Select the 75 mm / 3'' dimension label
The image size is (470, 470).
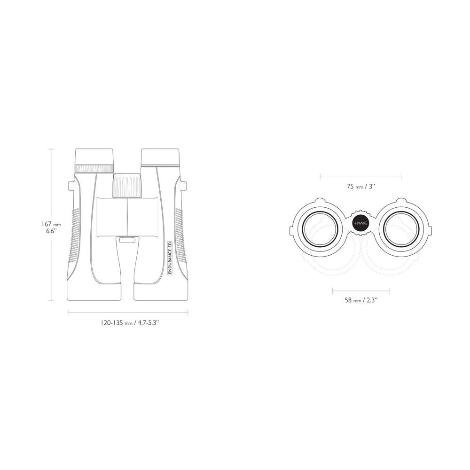click(x=361, y=187)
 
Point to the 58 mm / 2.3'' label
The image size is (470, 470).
click(x=361, y=300)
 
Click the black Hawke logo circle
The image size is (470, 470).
click(x=361, y=223)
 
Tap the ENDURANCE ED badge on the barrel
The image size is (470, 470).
click(x=170, y=258)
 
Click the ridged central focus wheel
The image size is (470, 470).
click(x=127, y=186)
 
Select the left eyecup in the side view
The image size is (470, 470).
click(x=94, y=157)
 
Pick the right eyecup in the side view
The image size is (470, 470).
click(x=160, y=157)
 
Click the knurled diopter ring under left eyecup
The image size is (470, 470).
click(x=94, y=169)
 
